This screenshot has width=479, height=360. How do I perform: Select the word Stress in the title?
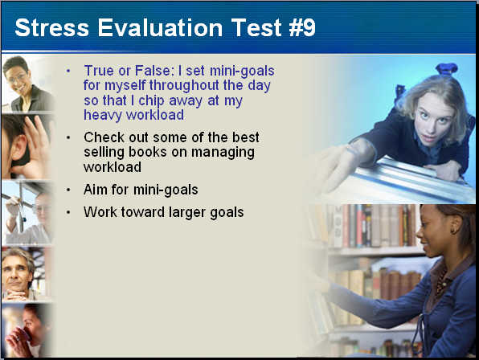click(x=52, y=28)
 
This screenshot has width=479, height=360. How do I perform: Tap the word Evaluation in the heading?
click(x=160, y=28)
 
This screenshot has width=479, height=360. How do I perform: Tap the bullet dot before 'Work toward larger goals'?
click(x=68, y=212)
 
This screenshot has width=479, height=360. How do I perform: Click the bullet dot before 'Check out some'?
click(x=68, y=137)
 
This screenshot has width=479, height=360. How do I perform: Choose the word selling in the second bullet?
click(x=104, y=153)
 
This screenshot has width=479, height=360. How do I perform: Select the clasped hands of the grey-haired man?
click(x=14, y=295)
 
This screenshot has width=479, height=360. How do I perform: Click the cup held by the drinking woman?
click(x=22, y=333)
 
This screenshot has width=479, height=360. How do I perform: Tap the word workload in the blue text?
click(x=155, y=115)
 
